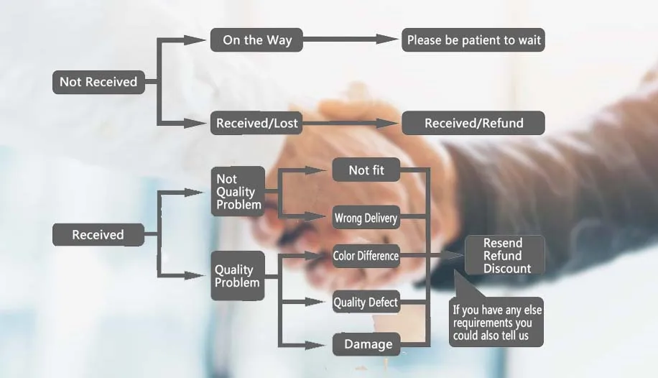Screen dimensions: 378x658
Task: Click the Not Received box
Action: [98, 82]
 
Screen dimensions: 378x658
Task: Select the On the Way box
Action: [256, 40]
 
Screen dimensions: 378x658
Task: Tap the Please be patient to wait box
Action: [473, 40]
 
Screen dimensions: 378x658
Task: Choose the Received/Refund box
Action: [473, 123]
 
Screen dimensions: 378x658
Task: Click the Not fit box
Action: [366, 170]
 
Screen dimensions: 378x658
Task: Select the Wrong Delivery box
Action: [366, 218]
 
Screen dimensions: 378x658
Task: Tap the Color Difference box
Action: [366, 256]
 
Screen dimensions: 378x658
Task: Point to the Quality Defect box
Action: [366, 303]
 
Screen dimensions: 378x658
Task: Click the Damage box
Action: [368, 344]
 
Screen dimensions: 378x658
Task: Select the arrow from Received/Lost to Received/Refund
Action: [350, 123]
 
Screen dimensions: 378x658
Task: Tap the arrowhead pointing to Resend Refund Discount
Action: [454, 255]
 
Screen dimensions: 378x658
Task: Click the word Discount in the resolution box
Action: [507, 269]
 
